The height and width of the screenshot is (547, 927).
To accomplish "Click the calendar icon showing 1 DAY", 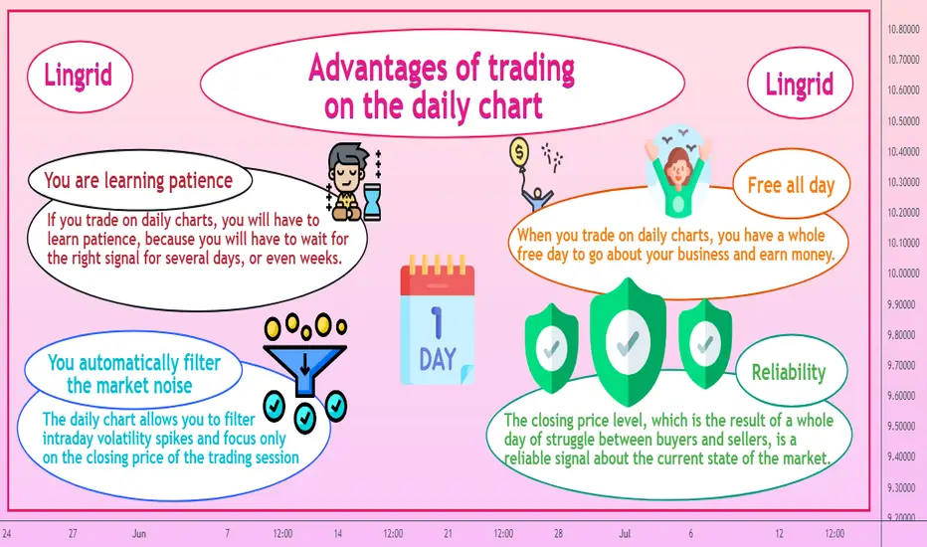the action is point(437,320).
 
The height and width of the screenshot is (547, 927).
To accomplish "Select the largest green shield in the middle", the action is point(628,341).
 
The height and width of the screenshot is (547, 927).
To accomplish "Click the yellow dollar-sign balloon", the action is point(518,152).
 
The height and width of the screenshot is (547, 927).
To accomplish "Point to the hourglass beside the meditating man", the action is point(372,202).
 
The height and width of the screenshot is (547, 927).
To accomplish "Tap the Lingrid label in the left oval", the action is point(78,76).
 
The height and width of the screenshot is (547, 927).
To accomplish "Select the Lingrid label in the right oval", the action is point(800,84).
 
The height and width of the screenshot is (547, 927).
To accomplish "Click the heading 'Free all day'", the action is point(791,185).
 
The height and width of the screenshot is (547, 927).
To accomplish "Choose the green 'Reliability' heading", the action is point(789,372).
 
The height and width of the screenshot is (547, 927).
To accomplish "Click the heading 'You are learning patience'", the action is point(138,180).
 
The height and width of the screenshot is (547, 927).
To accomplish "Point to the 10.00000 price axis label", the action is point(903,273).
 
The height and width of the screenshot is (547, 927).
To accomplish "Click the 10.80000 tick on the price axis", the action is point(903,29).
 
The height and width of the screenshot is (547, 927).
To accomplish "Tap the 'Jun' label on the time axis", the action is point(139,533).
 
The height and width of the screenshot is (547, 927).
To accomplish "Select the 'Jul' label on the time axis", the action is point(625,533).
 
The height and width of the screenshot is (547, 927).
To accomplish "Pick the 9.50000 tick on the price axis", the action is point(903,426).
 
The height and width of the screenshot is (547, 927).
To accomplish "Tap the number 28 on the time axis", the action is point(558,533).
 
